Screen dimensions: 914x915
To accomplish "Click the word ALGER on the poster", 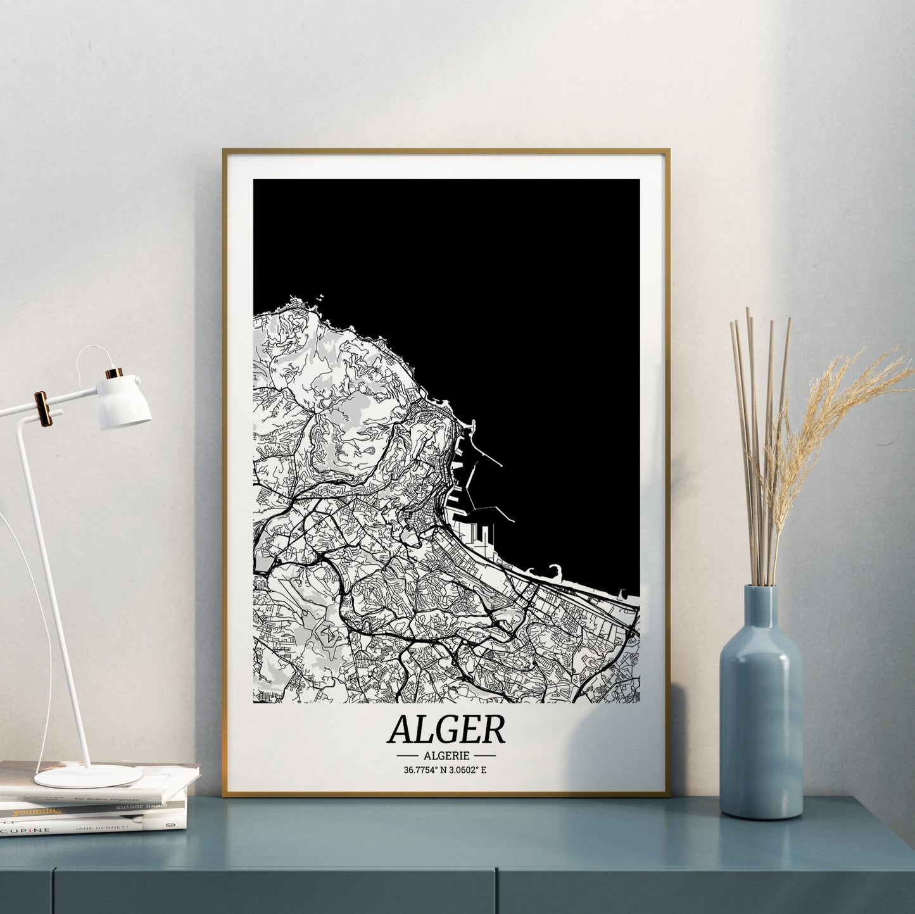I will click(446, 729).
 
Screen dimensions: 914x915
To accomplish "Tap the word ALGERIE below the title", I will click(446, 755).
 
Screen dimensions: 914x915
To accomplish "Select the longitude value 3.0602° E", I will click(472, 770).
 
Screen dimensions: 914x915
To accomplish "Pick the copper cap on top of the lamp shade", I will click(115, 373).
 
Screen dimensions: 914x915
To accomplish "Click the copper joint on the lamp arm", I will click(42, 408).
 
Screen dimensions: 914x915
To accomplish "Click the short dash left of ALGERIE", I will click(407, 756).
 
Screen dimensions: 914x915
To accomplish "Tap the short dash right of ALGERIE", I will click(484, 756).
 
